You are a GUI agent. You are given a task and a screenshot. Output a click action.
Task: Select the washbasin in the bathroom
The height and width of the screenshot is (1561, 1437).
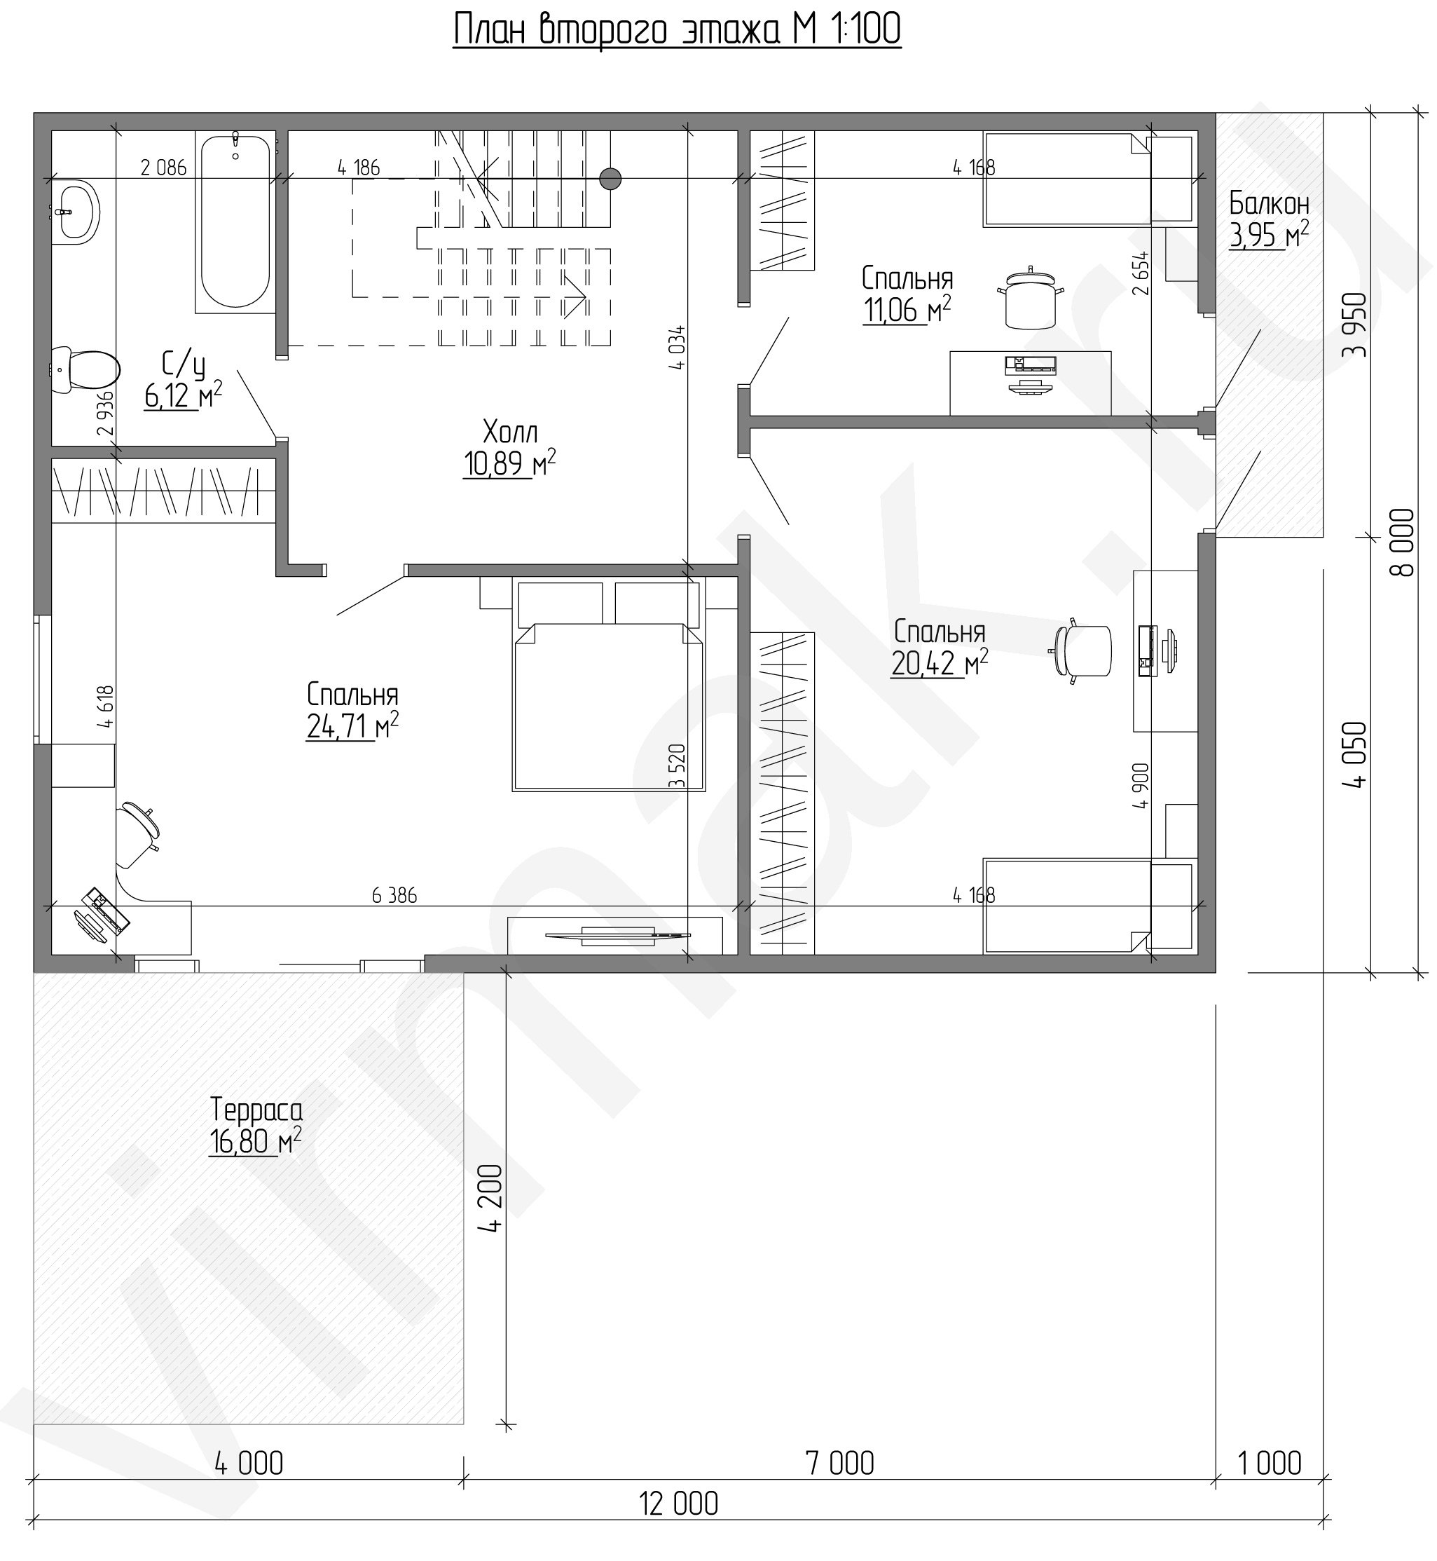(x=76, y=212)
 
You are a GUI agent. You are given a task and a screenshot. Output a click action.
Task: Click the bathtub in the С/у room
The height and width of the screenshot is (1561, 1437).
(x=235, y=221)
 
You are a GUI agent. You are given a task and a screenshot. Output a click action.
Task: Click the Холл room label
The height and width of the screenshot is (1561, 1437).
(x=509, y=432)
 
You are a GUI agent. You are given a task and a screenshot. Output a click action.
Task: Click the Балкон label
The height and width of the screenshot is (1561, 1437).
(x=1269, y=204)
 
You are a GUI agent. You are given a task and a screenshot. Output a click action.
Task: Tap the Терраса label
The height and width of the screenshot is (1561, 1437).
(x=256, y=1109)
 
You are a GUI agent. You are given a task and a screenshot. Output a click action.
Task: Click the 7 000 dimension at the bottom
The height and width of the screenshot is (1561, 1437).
(x=840, y=1463)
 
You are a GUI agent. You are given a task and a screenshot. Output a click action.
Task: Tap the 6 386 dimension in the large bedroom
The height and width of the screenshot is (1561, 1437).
(x=395, y=895)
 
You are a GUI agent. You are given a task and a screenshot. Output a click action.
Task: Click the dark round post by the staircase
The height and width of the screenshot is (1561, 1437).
(x=610, y=179)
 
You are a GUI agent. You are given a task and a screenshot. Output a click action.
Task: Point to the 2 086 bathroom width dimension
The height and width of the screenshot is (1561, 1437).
(x=163, y=168)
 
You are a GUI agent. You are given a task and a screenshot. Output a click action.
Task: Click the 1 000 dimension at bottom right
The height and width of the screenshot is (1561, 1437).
(x=1269, y=1463)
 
